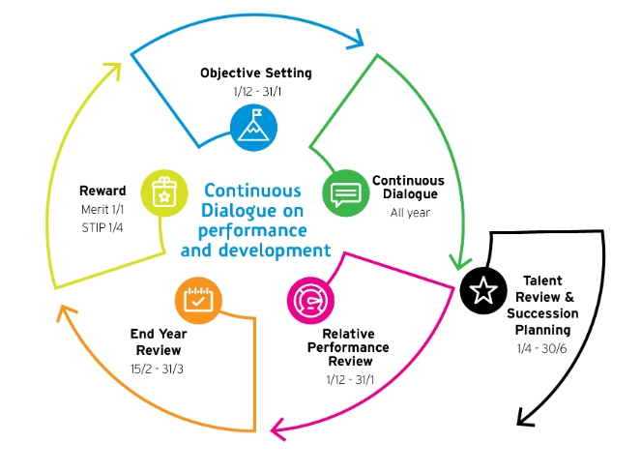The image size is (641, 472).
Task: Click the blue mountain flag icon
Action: tap(253, 125)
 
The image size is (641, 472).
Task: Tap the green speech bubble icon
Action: tap(345, 193)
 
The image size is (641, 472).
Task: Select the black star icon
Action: tap(482, 288)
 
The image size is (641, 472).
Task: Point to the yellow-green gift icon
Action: tap(163, 193)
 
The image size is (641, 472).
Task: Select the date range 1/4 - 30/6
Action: tap(542, 345)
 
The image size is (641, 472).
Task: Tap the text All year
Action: tap(409, 213)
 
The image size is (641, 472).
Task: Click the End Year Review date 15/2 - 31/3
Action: tap(157, 368)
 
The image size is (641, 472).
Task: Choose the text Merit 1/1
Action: tap(102, 209)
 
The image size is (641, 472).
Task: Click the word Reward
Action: tap(102, 191)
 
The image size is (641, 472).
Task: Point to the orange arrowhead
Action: tap(64, 312)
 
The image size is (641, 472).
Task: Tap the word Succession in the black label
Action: tap(542, 313)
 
